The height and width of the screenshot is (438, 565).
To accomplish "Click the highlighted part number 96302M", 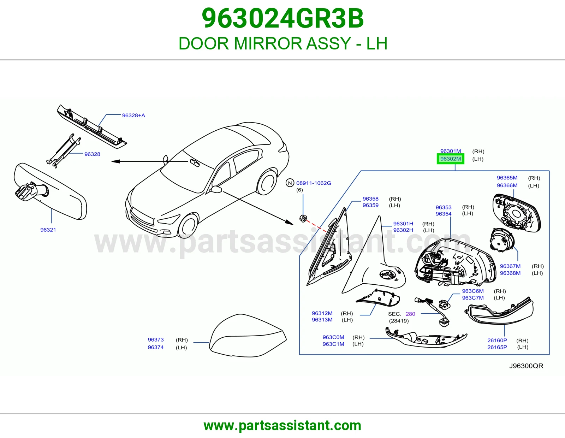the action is (x=451, y=159).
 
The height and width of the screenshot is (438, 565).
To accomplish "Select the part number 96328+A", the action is (x=133, y=115).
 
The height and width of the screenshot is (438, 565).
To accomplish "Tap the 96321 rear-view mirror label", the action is (x=48, y=230).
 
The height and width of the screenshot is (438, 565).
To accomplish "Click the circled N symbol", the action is (x=290, y=183).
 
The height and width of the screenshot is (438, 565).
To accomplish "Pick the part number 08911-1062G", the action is (x=314, y=183).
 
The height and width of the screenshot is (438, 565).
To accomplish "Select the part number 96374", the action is (x=156, y=347).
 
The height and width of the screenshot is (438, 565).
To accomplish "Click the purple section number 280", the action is (x=410, y=314).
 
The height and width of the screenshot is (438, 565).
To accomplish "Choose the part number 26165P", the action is (x=497, y=347).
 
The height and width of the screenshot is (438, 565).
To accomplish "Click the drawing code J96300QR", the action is (x=526, y=366).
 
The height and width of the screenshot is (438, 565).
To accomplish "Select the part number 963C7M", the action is (x=473, y=298).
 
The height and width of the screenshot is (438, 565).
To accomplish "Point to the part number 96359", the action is (x=370, y=205).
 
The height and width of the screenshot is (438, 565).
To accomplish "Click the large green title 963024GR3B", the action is (x=282, y=18).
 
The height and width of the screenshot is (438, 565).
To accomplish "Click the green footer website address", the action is (x=282, y=426).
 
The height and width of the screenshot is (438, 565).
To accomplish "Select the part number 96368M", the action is (x=510, y=273).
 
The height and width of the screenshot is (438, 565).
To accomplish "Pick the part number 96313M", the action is (x=322, y=320).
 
